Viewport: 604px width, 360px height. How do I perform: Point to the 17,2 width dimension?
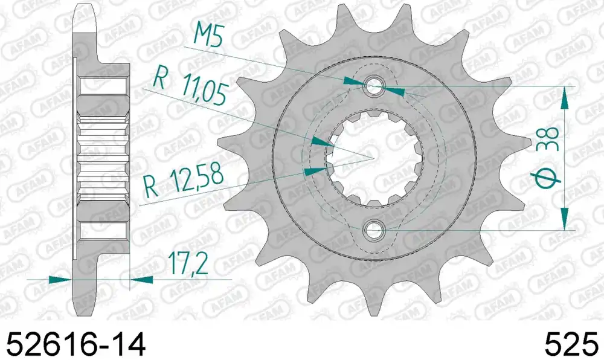click(188, 263)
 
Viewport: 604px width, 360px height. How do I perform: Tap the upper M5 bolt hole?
click(374, 85)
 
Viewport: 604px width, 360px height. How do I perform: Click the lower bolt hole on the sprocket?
click(374, 230)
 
